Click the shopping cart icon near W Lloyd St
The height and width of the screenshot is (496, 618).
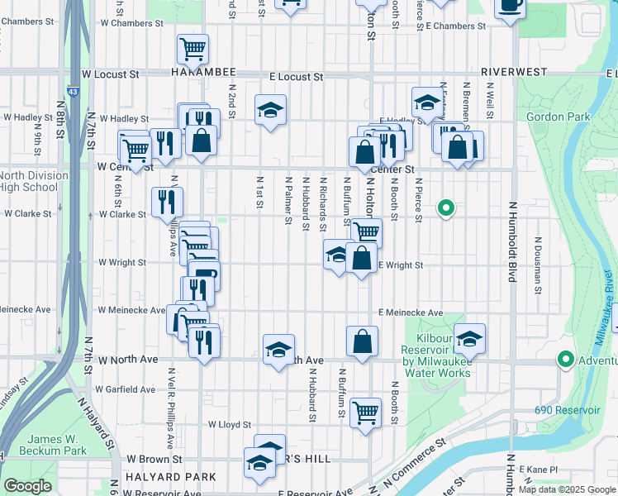point(365,411)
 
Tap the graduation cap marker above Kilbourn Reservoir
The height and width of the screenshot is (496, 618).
point(469,338)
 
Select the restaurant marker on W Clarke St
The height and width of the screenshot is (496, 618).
point(167,202)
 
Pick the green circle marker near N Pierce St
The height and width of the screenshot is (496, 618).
point(446,207)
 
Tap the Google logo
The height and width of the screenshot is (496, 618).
point(27,486)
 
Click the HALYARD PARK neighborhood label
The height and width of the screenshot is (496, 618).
point(170,477)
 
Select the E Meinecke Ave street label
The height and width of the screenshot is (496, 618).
point(411,313)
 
